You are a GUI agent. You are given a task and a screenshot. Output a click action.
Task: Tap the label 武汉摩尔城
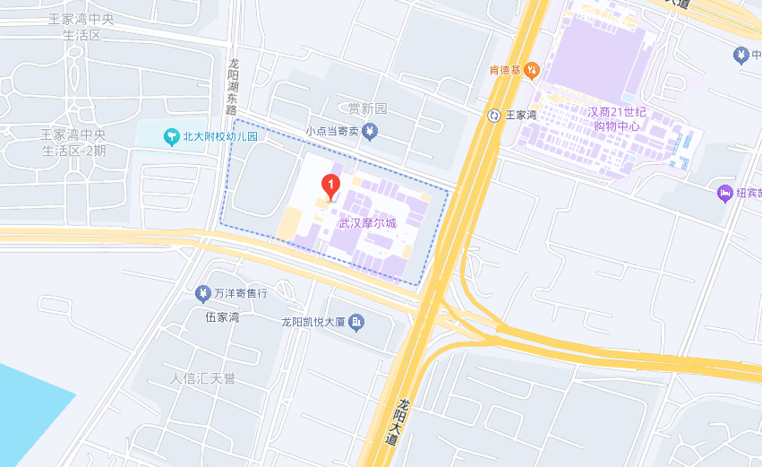click(367, 223)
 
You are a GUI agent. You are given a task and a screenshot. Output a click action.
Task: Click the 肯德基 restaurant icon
click(532, 69)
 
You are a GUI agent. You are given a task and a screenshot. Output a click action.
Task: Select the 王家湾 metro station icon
click(493, 115)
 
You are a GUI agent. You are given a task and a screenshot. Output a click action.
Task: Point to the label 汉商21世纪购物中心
click(617, 119)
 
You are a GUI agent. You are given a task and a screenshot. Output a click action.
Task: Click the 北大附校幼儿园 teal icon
click(171, 136)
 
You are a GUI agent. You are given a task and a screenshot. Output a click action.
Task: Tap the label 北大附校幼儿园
click(220, 137)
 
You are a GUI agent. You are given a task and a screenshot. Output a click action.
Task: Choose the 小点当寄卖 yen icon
click(371, 132)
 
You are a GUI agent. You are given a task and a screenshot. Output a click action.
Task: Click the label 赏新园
click(367, 108)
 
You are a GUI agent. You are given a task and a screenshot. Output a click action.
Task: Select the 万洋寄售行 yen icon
click(202, 293)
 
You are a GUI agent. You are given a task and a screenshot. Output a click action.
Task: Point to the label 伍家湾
click(222, 317)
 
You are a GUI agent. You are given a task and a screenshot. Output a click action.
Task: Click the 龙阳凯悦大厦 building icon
click(356, 322)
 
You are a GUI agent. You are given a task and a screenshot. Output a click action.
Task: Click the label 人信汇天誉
click(203, 378)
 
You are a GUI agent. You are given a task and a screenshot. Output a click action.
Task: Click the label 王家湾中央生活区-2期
click(73, 143)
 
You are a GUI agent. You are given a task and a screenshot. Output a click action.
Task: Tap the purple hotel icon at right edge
click(725, 193)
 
